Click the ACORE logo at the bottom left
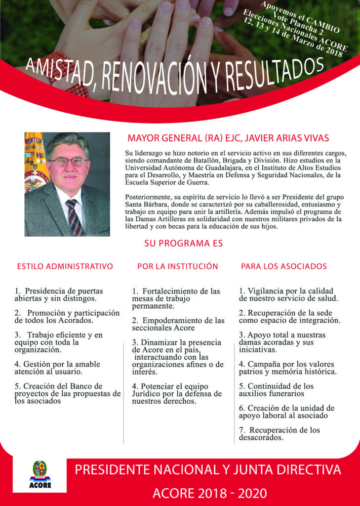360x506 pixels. [39, 474]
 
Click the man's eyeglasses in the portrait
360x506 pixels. [69, 162]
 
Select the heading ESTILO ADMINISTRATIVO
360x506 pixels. [65, 266]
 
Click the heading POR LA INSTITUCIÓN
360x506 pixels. [178, 266]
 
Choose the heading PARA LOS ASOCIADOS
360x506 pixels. [283, 266]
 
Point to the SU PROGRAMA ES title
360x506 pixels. [183, 243]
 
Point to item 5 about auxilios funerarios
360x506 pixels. [277, 390]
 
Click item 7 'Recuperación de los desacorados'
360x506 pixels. [279, 433]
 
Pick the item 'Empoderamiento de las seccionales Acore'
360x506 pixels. [178, 324]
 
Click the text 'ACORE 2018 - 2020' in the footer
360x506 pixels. [210, 493]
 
